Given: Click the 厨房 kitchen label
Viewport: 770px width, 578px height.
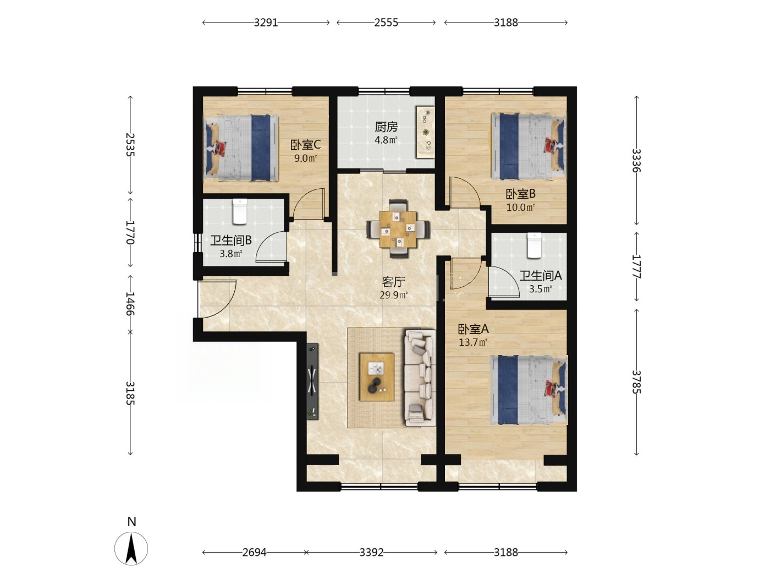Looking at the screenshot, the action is pyautogui.click(x=386, y=127).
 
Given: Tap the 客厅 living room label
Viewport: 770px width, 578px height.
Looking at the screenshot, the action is pyautogui.click(x=393, y=281).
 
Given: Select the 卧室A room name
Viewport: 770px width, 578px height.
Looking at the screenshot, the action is pyautogui.click(x=473, y=329).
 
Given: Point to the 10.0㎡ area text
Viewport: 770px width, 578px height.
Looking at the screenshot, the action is pyautogui.click(x=520, y=208).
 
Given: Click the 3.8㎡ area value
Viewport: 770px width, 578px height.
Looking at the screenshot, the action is pyautogui.click(x=231, y=253).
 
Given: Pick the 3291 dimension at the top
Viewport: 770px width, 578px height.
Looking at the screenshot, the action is pyautogui.click(x=266, y=23).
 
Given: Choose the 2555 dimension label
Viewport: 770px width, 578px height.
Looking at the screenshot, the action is pyautogui.click(x=386, y=23).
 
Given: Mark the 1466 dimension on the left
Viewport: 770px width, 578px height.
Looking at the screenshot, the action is pyautogui.click(x=130, y=303).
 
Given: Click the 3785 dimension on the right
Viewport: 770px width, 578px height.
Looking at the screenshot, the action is pyautogui.click(x=636, y=382).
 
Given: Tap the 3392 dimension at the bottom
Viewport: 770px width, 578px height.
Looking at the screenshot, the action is pyautogui.click(x=371, y=552).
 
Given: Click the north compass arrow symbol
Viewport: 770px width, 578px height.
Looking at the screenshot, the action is pyautogui.click(x=131, y=548).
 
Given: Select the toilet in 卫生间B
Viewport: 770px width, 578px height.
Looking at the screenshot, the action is pyautogui.click(x=240, y=211).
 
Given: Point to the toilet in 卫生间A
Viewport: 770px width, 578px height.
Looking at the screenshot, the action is pyautogui.click(x=534, y=246).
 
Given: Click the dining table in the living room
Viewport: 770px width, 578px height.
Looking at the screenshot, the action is pyautogui.click(x=398, y=229).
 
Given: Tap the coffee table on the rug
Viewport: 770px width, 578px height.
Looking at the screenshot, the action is pyautogui.click(x=377, y=377).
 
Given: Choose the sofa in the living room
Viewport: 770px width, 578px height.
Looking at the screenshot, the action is pyautogui.click(x=420, y=378).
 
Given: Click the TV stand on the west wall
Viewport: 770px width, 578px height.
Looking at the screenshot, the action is pyautogui.click(x=312, y=381).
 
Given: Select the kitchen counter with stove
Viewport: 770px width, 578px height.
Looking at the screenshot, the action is pyautogui.click(x=425, y=132).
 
